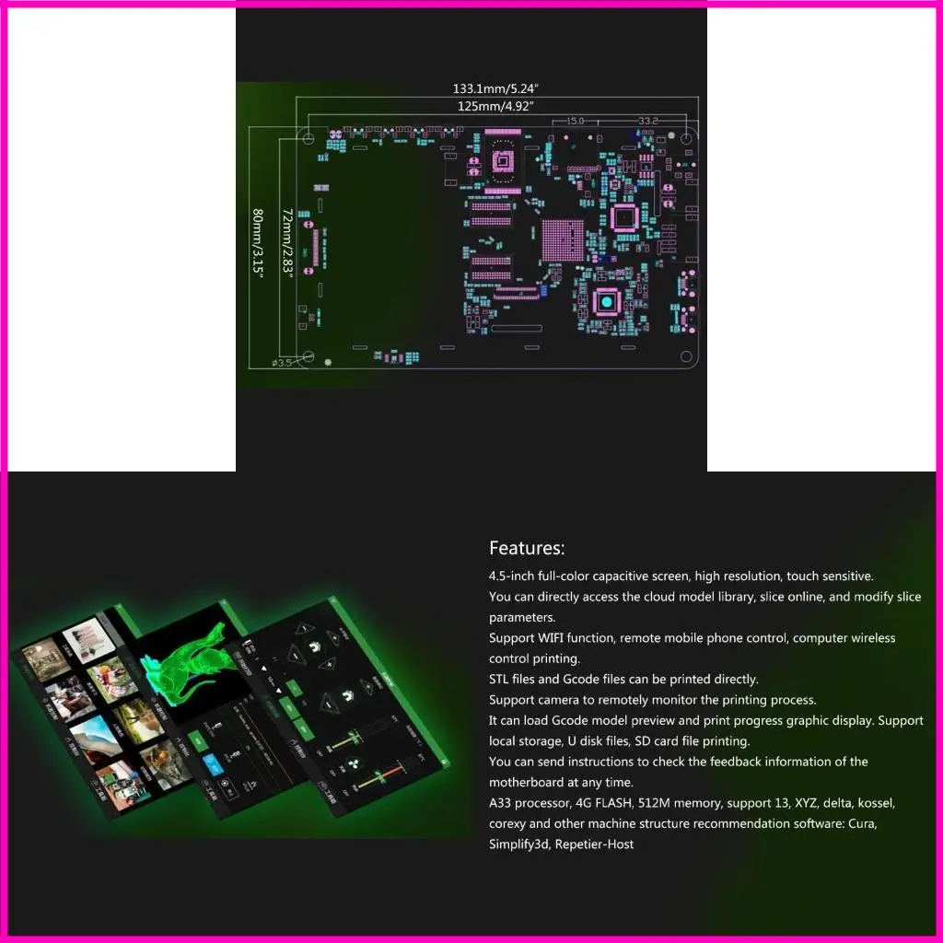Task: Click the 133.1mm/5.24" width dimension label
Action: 495,89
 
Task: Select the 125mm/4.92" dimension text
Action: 497,107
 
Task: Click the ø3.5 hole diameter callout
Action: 281,363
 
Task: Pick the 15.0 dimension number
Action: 575,121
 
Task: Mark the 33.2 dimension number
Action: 648,121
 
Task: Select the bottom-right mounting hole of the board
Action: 685,356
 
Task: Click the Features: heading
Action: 527,549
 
